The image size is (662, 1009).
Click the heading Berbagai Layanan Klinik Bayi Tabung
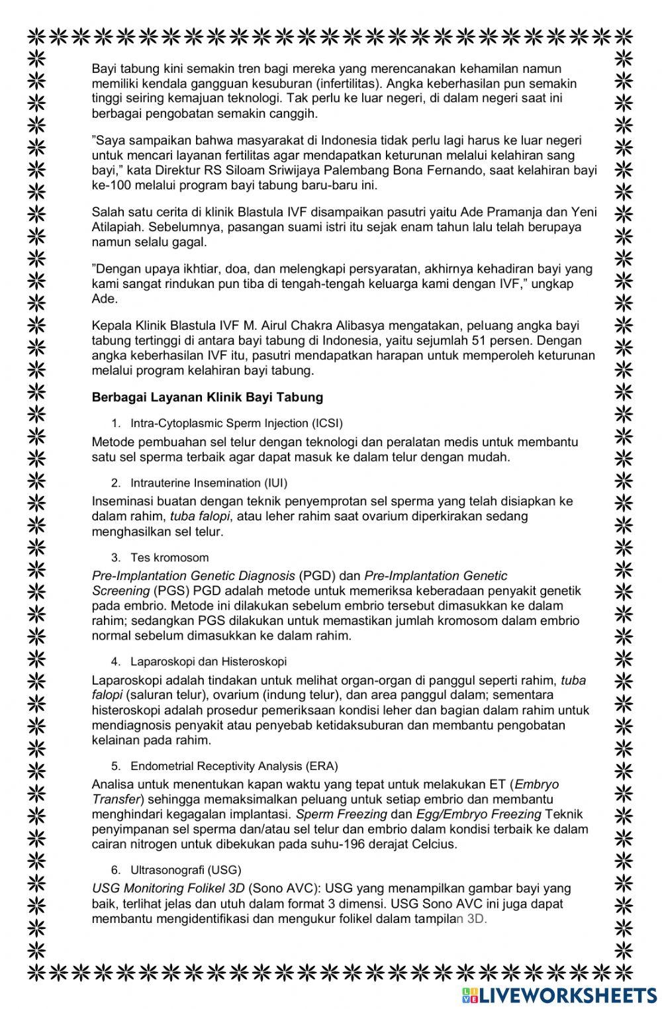pos(207,397)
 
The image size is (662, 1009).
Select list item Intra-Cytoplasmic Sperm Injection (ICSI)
pos(236,423)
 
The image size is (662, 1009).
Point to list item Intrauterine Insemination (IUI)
pos(209,483)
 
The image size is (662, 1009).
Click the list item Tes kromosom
pos(169,557)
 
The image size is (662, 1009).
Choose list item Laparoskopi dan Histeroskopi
pos(209,661)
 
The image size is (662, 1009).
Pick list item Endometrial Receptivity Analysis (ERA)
pos(234,766)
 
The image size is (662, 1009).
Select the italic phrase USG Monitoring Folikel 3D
pos(168,889)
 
